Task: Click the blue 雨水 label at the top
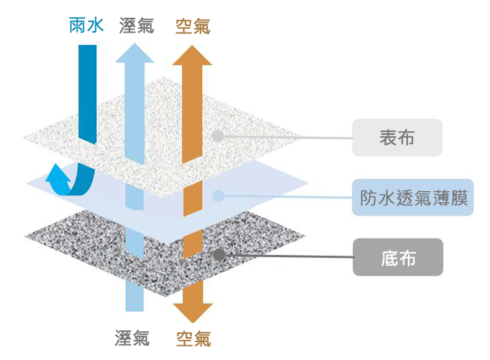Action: tap(87, 25)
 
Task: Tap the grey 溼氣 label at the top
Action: tap(136, 25)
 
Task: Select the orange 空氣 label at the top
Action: tap(192, 26)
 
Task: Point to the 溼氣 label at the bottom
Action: tap(132, 338)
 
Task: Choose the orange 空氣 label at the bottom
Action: tap(194, 339)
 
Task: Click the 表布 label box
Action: tap(397, 138)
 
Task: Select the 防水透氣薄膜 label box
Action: tap(413, 197)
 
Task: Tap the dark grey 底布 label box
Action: tap(397, 257)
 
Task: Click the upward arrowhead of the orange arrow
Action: tap(192, 56)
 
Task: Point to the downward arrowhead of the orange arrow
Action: tap(193, 313)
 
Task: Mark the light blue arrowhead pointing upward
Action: tap(135, 53)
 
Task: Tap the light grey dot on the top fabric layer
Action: tap(218, 136)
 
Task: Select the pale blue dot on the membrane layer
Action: tap(218, 196)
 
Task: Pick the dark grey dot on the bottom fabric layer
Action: tap(219, 255)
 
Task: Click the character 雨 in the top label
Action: tap(77, 25)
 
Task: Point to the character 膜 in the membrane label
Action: tap(460, 198)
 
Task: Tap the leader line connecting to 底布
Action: tap(289, 256)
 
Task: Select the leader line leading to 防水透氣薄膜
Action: tap(289, 196)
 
